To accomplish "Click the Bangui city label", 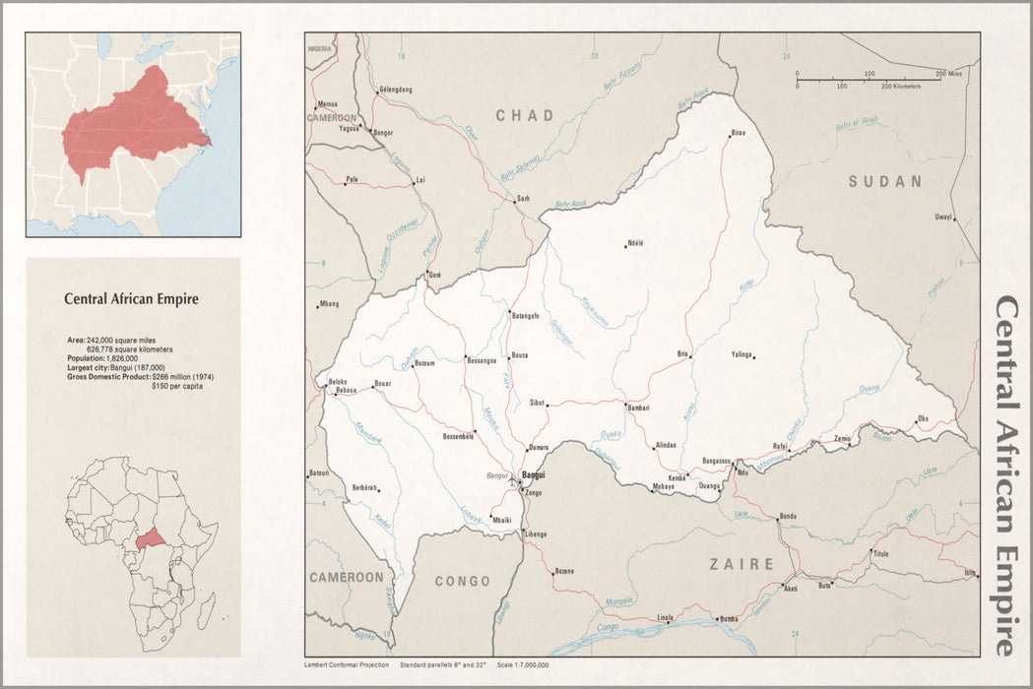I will [x=534, y=474].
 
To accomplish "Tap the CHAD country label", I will [x=525, y=116].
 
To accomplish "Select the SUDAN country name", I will [x=885, y=181].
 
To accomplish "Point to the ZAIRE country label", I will [x=742, y=564].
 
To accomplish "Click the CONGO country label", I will [x=461, y=581].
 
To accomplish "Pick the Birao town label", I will [x=739, y=133].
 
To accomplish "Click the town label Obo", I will [x=923, y=418].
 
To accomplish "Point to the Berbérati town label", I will [x=364, y=487].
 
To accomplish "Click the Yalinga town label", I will [x=742, y=354].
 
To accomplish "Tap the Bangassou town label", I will [x=716, y=461].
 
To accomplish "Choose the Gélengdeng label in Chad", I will [x=395, y=90].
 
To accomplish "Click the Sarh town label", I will [x=524, y=198].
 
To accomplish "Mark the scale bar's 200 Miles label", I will [x=948, y=74].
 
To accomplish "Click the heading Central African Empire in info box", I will [x=131, y=298].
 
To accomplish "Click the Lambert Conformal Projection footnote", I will [x=343, y=665].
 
